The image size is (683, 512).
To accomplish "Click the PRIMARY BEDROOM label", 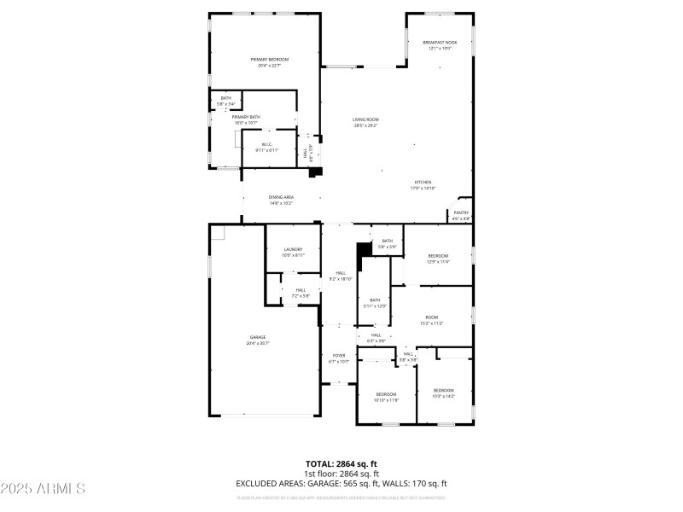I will coord(270,60).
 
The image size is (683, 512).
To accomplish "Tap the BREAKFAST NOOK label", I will coord(440,43).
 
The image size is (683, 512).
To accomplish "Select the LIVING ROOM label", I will coord(365,119).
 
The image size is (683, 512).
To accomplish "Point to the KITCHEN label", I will coord(423,182).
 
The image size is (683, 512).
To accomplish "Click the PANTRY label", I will coord(461,212).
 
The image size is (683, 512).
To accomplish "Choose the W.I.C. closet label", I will coord(266,144).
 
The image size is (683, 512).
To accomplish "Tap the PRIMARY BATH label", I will coord(246,117).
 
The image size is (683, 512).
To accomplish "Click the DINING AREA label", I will coord(281,197).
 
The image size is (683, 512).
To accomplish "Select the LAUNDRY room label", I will coord(294,249).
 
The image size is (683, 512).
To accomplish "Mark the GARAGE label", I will coord(258,337).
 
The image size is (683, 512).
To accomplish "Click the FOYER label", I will coord(339,356).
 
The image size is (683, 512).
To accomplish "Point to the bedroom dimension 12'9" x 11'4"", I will coord(438,262).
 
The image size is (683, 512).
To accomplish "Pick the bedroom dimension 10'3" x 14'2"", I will coord(443,396).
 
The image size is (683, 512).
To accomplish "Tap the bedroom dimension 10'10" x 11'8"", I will coord(387,399).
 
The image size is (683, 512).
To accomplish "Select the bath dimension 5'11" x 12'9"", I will coord(375,305).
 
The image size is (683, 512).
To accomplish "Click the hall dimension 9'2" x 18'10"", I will coord(341,279).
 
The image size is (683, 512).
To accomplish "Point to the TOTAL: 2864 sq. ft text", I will coord(341,463).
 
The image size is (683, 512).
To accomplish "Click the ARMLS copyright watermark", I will coord(43,489).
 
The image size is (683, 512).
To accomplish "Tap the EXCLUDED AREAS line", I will coord(341,484).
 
